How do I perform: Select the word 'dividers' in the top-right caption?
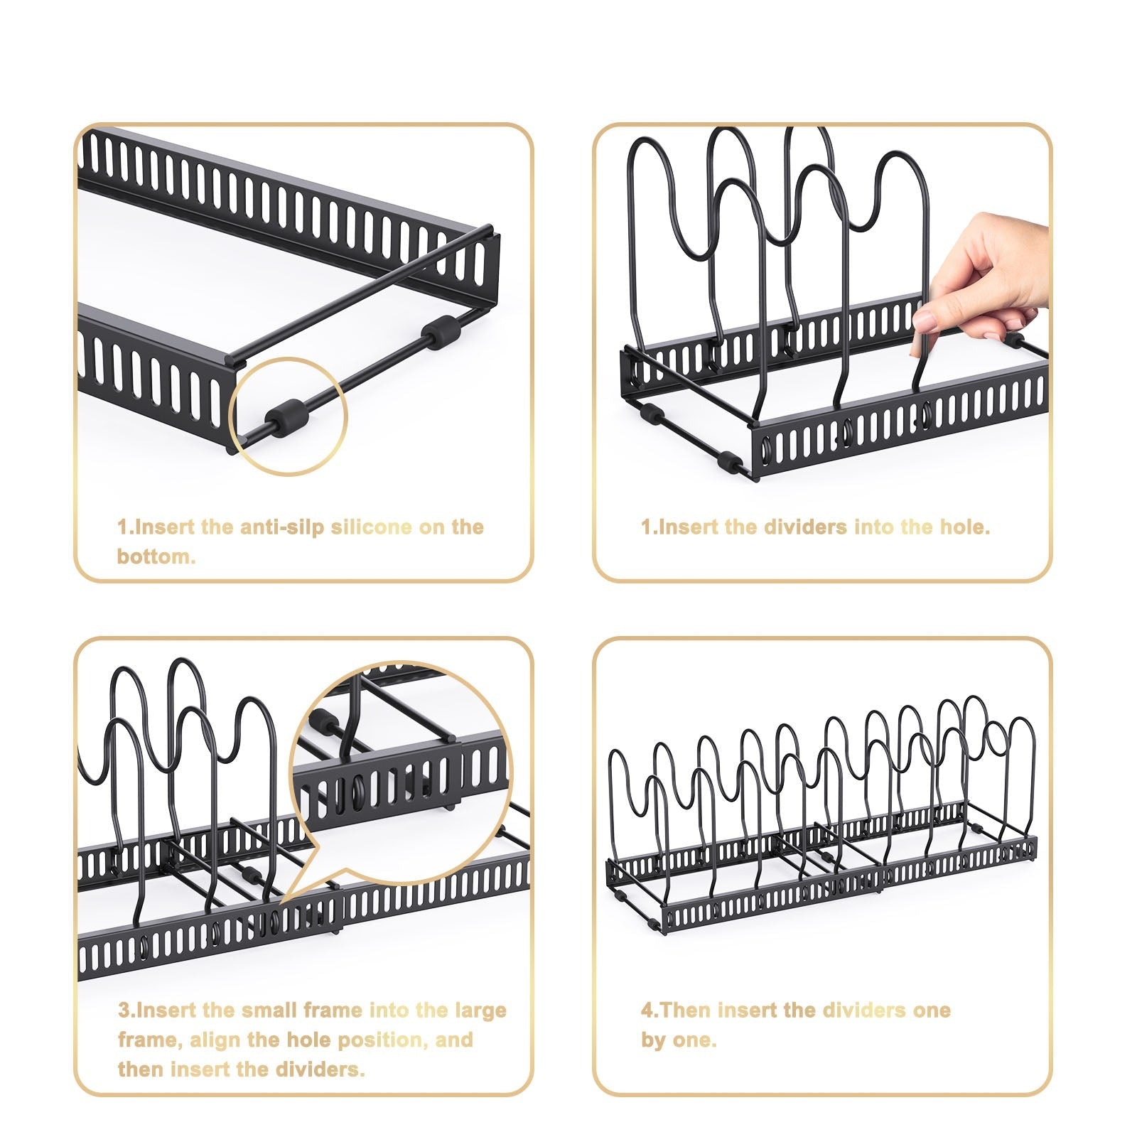805,527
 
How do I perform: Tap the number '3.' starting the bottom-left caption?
126,1011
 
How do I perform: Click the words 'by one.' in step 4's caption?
679,1040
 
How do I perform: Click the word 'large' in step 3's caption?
480,1011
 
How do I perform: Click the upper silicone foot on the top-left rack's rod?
441,333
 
